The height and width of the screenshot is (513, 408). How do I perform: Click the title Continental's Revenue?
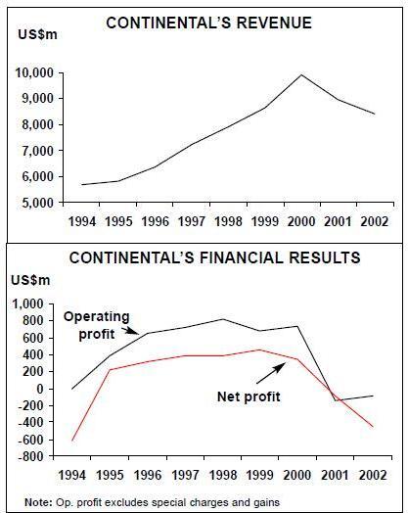[209, 23]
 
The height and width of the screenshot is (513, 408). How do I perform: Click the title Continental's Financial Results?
[215, 257]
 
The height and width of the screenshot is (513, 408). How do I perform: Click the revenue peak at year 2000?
[301, 75]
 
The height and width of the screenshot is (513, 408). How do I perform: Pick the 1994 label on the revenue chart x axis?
[82, 222]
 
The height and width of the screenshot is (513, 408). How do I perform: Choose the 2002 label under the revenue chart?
[375, 222]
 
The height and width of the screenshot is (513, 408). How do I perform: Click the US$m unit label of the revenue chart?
[37, 34]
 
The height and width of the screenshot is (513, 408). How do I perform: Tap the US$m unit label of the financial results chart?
[30, 280]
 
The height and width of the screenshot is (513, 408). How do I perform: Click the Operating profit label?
[97, 326]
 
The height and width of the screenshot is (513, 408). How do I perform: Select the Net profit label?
[249, 396]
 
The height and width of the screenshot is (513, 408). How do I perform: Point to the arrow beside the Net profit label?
[271, 373]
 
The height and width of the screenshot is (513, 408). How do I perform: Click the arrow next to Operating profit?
[130, 330]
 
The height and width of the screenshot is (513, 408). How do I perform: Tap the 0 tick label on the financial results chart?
[40, 389]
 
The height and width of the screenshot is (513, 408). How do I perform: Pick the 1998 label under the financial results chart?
[223, 475]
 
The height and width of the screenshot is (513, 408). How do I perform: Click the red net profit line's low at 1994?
[72, 440]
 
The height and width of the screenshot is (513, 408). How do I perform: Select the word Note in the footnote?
[38, 502]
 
